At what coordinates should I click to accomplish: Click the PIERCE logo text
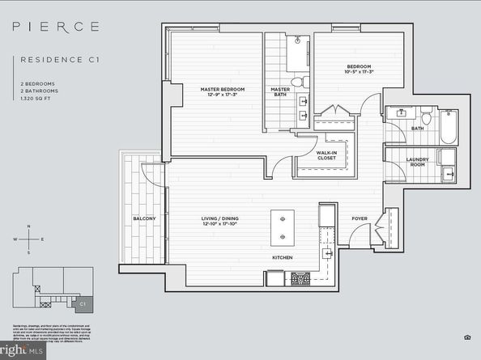pyautogui.click(x=56, y=26)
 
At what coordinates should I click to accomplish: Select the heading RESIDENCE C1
pyautogui.click(x=54, y=59)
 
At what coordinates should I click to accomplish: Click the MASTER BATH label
pyautogui.click(x=280, y=92)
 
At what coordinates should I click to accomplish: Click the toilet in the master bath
pyautogui.click(x=297, y=81)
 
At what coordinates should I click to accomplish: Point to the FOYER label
pyautogui.click(x=359, y=218)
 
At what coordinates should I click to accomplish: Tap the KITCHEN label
pyautogui.click(x=282, y=258)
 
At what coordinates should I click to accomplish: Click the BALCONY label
pyautogui.click(x=144, y=219)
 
